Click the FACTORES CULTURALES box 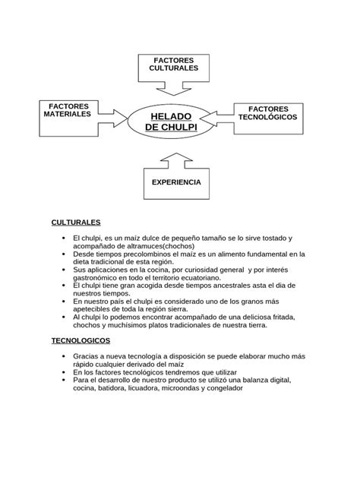point(174,67)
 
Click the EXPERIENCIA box point(175,183)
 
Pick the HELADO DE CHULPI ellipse point(171,122)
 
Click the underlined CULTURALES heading point(76,223)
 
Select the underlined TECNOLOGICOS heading point(81,341)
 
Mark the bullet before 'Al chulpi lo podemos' point(63,317)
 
